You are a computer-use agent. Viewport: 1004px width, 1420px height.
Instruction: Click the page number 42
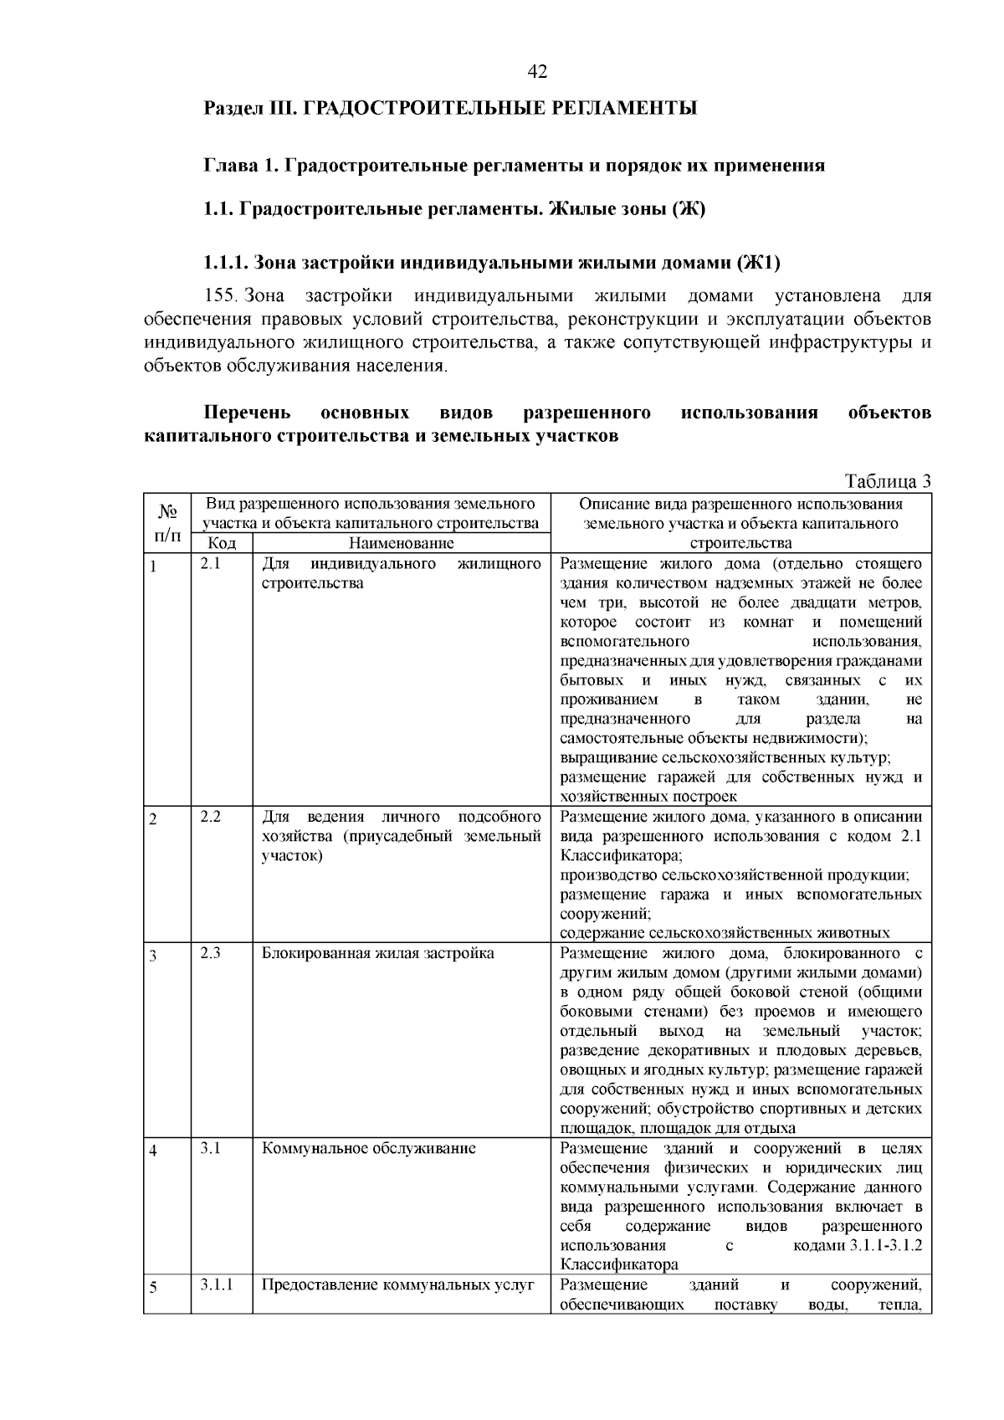point(537,73)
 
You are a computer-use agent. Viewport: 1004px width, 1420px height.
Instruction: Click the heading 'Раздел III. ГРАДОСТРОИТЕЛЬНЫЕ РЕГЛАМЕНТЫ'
point(450,109)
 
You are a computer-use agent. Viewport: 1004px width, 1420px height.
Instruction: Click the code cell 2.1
point(210,564)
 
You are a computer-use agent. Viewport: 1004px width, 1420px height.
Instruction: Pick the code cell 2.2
point(210,817)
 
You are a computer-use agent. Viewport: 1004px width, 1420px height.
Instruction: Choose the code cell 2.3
point(210,953)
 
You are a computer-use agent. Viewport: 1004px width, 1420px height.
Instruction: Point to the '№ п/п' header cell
point(166,523)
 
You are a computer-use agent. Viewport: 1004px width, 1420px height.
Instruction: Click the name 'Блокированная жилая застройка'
point(377,954)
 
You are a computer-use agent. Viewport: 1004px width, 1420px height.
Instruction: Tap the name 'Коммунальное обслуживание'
point(369,1149)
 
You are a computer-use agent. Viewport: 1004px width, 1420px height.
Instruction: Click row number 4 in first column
point(153,1151)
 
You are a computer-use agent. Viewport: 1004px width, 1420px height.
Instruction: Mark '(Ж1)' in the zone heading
point(758,264)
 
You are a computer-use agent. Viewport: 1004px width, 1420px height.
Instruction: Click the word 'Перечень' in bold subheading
point(248,413)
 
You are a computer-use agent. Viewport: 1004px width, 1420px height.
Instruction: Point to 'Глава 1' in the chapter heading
point(240,166)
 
